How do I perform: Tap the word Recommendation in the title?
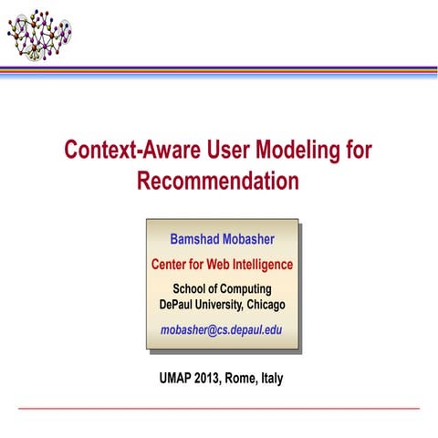(x=218, y=181)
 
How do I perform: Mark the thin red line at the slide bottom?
(x=219, y=408)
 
